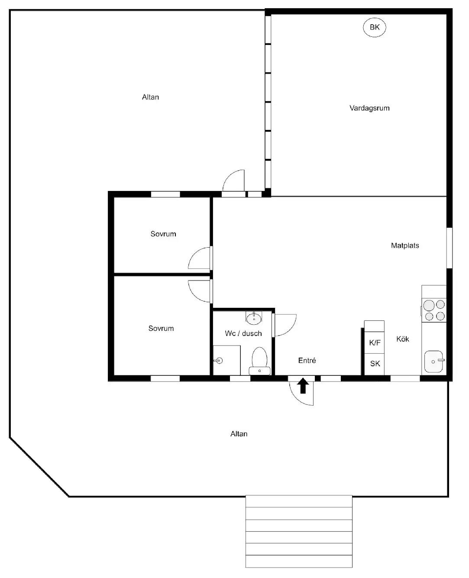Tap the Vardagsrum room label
pyautogui.click(x=369, y=108)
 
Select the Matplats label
pyautogui.click(x=404, y=245)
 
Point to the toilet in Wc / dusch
pyautogui.click(x=259, y=361)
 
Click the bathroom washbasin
pyautogui.click(x=254, y=318)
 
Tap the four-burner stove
pyautogui.click(x=434, y=310)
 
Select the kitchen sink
pyautogui.click(x=434, y=362)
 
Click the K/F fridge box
pyautogui.click(x=374, y=342)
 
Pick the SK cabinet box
pyautogui.click(x=374, y=364)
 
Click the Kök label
pyautogui.click(x=402, y=339)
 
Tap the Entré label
pyautogui.click(x=307, y=360)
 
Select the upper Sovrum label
pyautogui.click(x=163, y=234)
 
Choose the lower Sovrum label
pyautogui.click(x=161, y=328)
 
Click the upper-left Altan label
pyautogui.click(x=150, y=97)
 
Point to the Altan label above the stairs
pyautogui.click(x=239, y=434)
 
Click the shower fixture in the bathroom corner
pyautogui.click(x=219, y=361)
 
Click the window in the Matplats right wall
pyautogui.click(x=450, y=248)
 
